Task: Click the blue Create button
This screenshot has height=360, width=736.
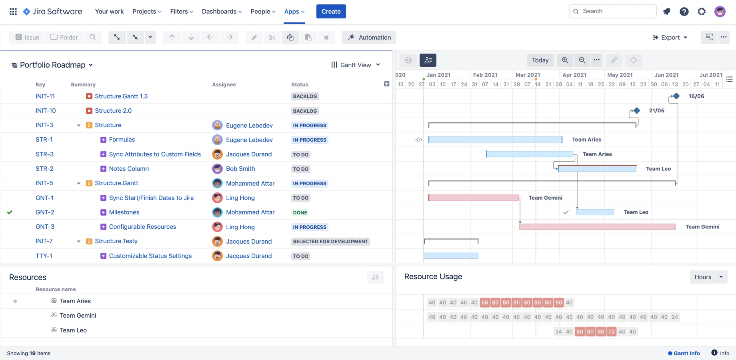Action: [x=331, y=12]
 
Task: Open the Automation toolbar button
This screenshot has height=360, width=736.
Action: [x=369, y=37]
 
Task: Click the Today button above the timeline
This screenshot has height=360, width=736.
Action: [x=540, y=60]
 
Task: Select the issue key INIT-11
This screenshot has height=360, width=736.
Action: [x=45, y=96]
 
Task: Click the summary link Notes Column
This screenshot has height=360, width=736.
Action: [x=129, y=169]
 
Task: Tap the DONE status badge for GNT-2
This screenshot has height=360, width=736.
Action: [x=300, y=213]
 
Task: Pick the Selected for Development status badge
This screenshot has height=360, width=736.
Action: [x=330, y=242]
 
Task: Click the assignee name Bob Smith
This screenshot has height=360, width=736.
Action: [x=240, y=169]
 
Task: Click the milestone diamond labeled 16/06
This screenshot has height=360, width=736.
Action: [x=676, y=96]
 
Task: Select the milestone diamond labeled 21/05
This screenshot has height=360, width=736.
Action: [x=637, y=110]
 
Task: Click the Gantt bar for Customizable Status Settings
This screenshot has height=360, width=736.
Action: [x=451, y=256]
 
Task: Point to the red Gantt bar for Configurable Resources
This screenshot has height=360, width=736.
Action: [x=597, y=227]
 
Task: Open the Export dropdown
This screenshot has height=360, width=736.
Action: [x=670, y=37]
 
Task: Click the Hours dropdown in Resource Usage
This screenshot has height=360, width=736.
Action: [x=708, y=277]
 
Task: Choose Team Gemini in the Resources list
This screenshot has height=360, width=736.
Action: [x=78, y=316]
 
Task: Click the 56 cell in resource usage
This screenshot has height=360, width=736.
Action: [x=485, y=302]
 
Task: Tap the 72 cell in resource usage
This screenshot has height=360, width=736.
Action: [x=611, y=332]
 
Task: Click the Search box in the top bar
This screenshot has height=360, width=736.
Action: [x=612, y=11]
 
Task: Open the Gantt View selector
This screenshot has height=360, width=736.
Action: [x=355, y=65]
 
